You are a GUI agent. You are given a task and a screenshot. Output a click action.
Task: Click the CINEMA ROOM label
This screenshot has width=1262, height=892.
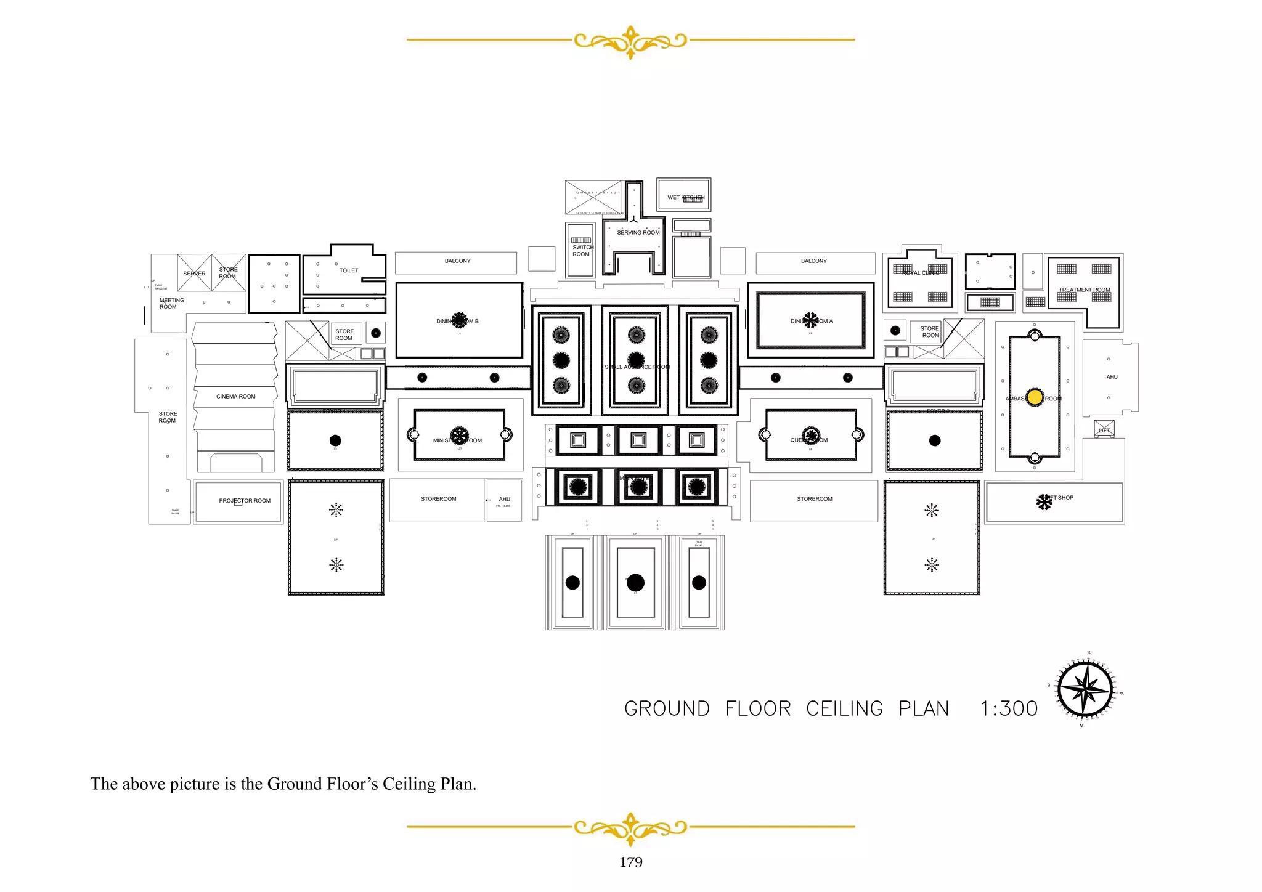(235, 397)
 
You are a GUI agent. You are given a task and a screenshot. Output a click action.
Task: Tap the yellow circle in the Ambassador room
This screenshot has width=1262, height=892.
(1035, 397)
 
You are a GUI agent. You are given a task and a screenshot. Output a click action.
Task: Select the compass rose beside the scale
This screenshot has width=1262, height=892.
(1085, 689)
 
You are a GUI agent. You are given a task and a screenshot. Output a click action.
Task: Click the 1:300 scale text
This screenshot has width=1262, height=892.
(1009, 709)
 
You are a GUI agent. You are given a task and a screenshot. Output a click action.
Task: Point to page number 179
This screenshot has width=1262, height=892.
(630, 862)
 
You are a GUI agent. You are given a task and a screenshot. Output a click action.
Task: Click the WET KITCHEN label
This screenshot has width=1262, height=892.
(685, 198)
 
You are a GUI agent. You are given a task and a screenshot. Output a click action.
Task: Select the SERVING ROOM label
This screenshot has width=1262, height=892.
(638, 233)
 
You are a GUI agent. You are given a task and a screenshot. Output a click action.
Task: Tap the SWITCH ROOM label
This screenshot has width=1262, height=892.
(582, 251)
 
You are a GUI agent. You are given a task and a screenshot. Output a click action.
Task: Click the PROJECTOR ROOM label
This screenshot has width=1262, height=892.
(245, 501)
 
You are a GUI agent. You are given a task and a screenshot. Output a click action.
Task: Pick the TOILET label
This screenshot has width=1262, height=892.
(349, 270)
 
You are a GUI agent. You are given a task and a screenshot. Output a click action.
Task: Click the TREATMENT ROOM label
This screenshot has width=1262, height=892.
(1084, 290)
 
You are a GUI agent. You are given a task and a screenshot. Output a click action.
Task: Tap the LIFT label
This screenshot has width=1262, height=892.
(1104, 430)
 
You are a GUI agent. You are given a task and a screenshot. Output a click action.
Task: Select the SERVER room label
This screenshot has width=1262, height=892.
(194, 274)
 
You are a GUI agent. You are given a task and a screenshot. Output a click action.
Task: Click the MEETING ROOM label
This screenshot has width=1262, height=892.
(171, 304)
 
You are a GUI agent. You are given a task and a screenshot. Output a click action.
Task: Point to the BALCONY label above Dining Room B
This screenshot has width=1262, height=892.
(457, 261)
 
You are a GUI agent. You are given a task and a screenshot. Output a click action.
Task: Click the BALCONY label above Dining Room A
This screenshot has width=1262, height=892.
(813, 261)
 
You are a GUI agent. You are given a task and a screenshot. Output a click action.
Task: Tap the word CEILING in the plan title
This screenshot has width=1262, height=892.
(844, 709)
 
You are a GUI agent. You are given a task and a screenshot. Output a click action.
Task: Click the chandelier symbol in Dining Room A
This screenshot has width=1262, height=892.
(810, 320)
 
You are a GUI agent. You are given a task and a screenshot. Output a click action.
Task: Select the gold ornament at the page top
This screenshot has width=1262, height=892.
(630, 41)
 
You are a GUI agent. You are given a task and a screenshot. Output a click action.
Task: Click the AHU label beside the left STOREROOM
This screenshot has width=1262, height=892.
(504, 500)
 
